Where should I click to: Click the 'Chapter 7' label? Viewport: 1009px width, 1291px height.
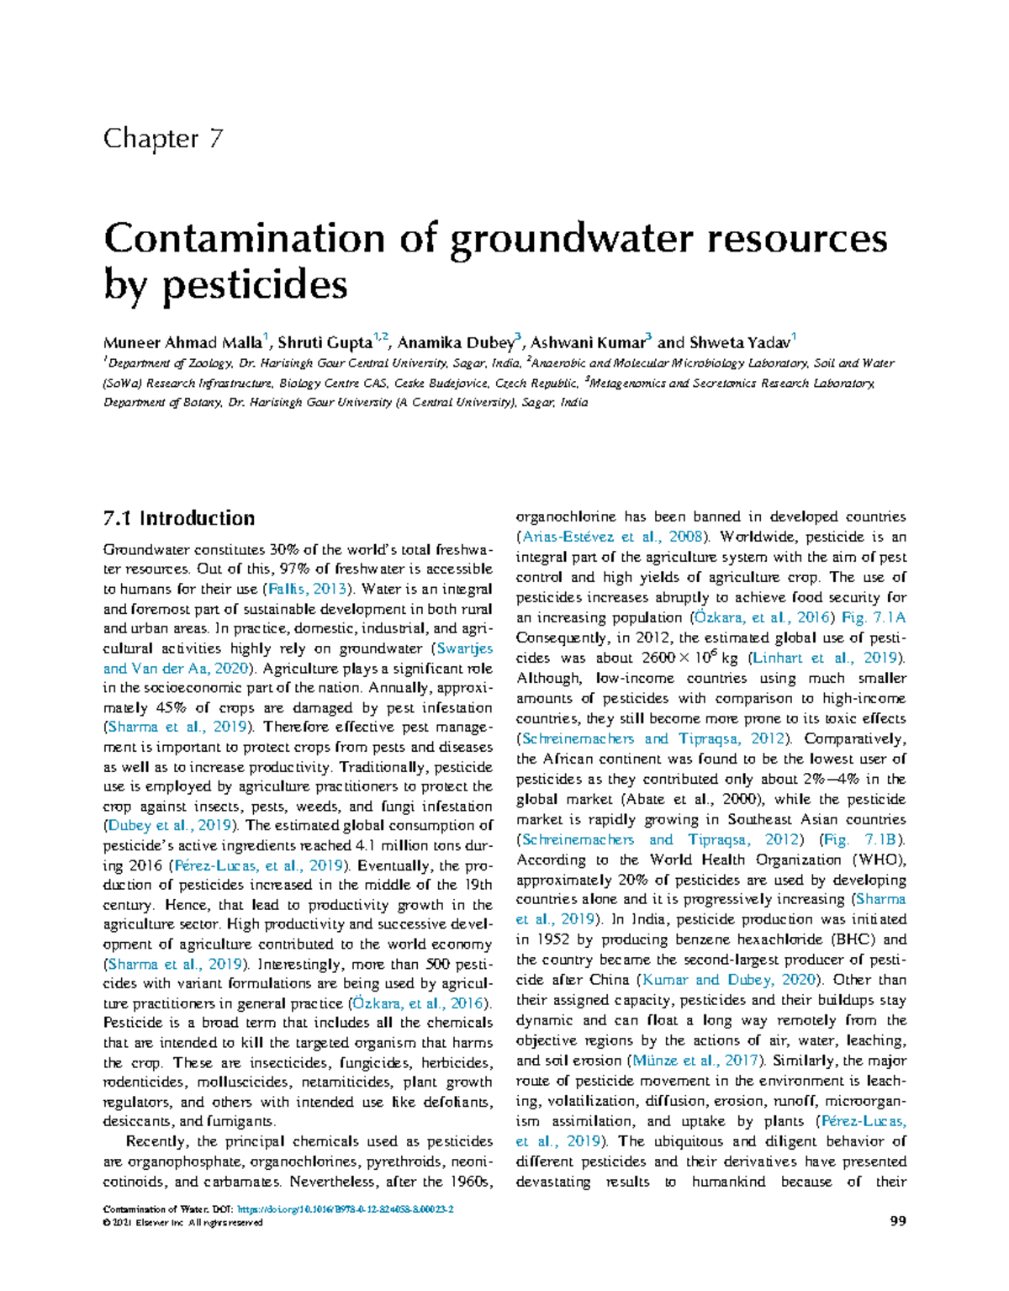[x=163, y=139]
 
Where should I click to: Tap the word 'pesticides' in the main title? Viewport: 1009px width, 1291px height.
[x=255, y=285]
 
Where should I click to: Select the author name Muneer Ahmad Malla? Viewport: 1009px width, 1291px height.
[x=182, y=342]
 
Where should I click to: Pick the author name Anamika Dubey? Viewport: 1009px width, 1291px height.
[x=455, y=342]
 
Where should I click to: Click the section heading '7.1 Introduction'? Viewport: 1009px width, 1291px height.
[x=178, y=518]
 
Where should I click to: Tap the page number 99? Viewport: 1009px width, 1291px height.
[x=897, y=1221]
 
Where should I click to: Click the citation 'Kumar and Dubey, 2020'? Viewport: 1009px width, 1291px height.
[x=729, y=980]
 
